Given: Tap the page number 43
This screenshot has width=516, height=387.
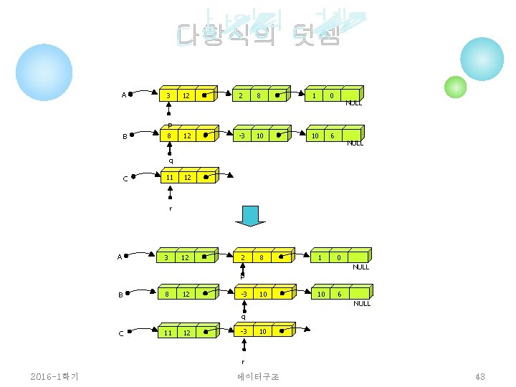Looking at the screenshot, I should [x=480, y=377].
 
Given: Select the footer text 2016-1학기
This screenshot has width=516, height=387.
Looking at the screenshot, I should [x=55, y=377].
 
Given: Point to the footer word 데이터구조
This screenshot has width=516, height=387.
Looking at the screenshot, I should [x=258, y=377].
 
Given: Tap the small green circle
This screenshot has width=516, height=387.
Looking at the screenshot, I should [x=455, y=87].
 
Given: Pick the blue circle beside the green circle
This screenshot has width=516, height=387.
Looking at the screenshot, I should [x=482, y=59].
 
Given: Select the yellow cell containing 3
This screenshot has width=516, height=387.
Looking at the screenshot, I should [x=168, y=96].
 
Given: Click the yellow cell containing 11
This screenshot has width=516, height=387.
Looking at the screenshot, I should [x=169, y=177].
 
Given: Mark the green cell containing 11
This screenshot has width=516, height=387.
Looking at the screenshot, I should [x=168, y=333].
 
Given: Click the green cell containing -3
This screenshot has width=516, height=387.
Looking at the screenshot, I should [x=244, y=294].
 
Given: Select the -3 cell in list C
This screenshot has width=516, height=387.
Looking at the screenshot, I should [x=244, y=332].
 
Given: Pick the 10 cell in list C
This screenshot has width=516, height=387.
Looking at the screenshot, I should [x=262, y=332].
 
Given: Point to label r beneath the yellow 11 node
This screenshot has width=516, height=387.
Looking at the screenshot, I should [x=171, y=208].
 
